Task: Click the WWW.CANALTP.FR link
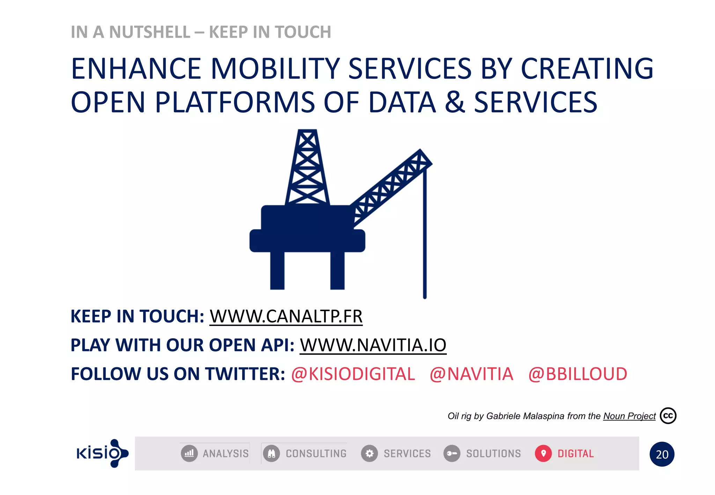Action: [x=286, y=316]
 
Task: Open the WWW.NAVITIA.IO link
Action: [x=373, y=345]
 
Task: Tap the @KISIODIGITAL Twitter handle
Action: [x=353, y=374]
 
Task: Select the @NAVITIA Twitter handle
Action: [x=471, y=374]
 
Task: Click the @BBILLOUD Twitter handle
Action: [x=577, y=374]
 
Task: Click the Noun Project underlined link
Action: [x=629, y=416]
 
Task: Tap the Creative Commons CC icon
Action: [x=668, y=416]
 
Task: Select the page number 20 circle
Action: [x=662, y=454]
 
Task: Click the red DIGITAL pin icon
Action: [x=543, y=453]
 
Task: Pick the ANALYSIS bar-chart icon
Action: [x=189, y=453]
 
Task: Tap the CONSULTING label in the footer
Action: [x=316, y=453]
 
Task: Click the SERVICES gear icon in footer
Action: [x=369, y=453]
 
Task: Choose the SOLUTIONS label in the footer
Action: [x=493, y=453]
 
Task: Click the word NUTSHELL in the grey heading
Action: [x=149, y=32]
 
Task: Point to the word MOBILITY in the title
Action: [x=275, y=68]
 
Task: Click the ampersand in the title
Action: [x=455, y=102]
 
